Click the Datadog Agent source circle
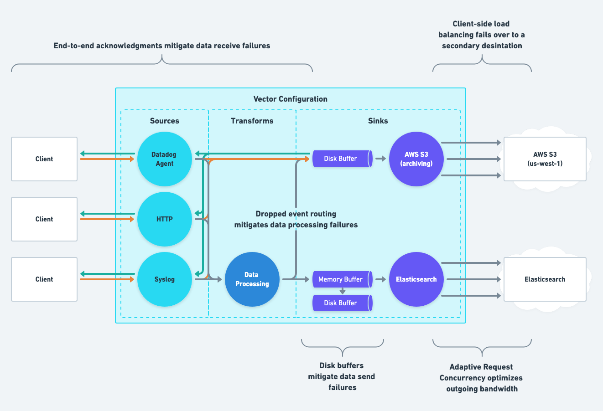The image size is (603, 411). [x=165, y=159]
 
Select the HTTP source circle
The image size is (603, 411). [x=165, y=219]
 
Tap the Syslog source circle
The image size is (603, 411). [x=165, y=279]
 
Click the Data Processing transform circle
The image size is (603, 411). [x=252, y=279]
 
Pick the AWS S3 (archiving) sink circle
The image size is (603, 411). [x=416, y=159]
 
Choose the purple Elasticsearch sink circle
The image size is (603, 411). [x=416, y=279]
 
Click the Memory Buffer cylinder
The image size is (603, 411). [x=342, y=279]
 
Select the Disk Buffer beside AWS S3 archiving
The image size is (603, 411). [x=342, y=159]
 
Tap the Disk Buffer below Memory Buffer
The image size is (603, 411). [x=342, y=303]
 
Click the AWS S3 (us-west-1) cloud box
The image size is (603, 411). [x=545, y=159]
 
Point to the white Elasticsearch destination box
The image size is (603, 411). [x=545, y=279]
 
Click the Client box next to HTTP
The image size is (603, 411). [x=44, y=219]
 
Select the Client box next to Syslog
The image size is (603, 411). [x=44, y=279]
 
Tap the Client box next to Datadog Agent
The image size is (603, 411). [x=44, y=159]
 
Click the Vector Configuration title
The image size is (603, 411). [x=291, y=99]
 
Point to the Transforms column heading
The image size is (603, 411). [x=252, y=121]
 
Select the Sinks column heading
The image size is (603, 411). [x=378, y=121]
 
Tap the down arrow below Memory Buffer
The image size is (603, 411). [x=343, y=291]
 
